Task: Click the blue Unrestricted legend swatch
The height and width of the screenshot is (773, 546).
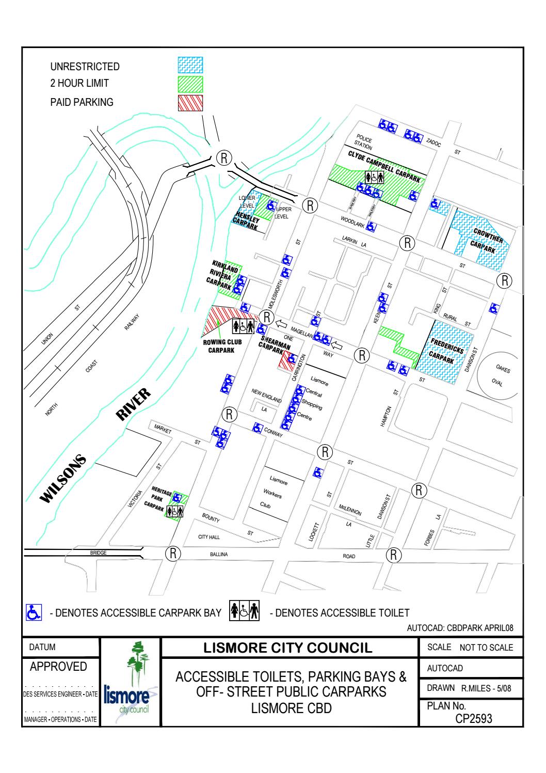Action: [x=190, y=65]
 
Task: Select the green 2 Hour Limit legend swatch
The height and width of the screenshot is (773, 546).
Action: [x=190, y=84]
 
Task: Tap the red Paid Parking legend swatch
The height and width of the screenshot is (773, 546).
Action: [x=190, y=102]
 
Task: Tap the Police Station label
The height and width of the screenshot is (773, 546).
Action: [x=363, y=144]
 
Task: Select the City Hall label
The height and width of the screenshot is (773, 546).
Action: [x=209, y=537]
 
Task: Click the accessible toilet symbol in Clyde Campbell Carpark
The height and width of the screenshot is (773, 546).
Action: [x=375, y=177]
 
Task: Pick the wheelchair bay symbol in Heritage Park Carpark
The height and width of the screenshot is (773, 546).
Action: [x=177, y=497]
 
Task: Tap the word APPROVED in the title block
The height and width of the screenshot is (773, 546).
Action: [x=58, y=666]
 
